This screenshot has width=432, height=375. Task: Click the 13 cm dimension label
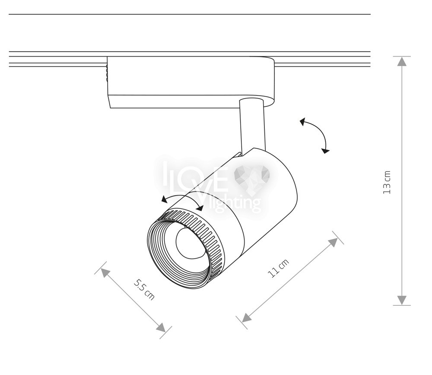pyautogui.click(x=387, y=183)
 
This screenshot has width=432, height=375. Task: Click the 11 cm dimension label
pyautogui.click(x=278, y=268)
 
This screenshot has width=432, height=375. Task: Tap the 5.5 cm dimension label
pyautogui.click(x=144, y=289)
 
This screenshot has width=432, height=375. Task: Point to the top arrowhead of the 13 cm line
pyautogui.click(x=402, y=61)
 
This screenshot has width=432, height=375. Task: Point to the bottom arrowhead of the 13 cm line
pyautogui.click(x=402, y=300)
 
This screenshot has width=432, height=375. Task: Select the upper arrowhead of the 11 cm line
pyautogui.click(x=334, y=242)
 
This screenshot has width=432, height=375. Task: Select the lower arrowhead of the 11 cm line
pyautogui.click(x=247, y=317)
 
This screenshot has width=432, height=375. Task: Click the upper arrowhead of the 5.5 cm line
pyautogui.click(x=105, y=273)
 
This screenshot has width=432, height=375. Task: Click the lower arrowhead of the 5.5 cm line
pyautogui.click(x=161, y=327)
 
